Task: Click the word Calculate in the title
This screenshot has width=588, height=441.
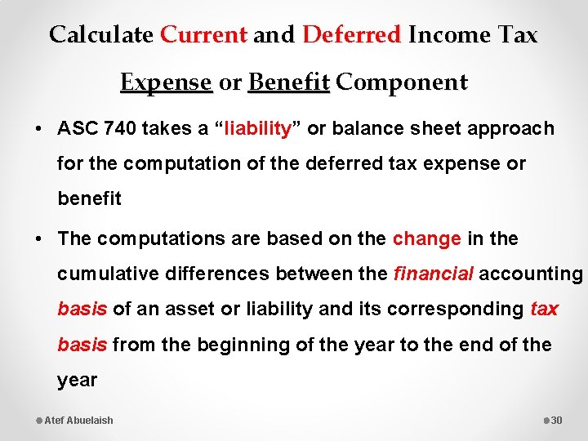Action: click(x=100, y=35)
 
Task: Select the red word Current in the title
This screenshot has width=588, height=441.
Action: click(x=203, y=35)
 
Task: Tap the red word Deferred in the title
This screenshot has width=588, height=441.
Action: click(x=352, y=35)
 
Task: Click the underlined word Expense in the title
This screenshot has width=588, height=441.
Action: click(x=166, y=82)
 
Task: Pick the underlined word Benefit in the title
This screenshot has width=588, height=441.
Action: click(x=288, y=82)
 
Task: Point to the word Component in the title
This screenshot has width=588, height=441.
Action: click(x=402, y=82)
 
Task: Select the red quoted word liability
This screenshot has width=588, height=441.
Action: click(x=258, y=129)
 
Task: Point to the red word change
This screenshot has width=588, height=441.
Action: click(x=426, y=239)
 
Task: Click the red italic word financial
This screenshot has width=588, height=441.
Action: click(x=433, y=274)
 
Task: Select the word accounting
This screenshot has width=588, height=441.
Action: click(x=531, y=274)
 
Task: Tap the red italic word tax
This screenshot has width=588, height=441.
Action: click(x=544, y=309)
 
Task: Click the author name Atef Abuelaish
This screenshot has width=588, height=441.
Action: click(x=78, y=420)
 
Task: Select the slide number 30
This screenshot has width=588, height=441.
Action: click(x=557, y=420)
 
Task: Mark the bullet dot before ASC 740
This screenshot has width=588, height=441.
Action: click(x=39, y=129)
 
